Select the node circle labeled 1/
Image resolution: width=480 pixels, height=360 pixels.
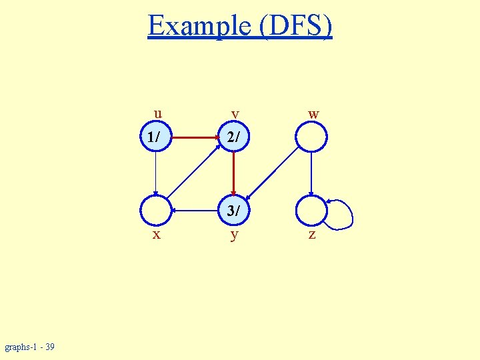coord(156,137)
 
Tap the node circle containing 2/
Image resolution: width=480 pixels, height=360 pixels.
coord(233,137)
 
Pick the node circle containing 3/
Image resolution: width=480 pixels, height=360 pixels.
coord(233,211)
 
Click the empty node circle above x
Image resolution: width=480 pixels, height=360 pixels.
coord(156,211)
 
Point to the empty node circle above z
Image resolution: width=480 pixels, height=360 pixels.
coord(311,211)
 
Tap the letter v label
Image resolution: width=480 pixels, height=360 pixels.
coord(234,113)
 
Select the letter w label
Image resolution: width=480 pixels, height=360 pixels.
coord(313,113)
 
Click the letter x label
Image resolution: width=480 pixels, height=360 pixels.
coord(156,235)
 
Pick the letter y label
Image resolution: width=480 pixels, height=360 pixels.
coord(234,235)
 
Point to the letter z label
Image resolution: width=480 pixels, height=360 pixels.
coord(311,235)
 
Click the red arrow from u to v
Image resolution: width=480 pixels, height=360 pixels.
coord(195,137)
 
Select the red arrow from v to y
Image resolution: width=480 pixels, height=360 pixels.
coord(233,173)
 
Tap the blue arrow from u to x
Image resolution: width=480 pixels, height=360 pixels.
coord(155,173)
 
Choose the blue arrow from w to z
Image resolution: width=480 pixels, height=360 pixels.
coord(311,173)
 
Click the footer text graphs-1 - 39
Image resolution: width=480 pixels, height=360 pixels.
coord(30,347)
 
